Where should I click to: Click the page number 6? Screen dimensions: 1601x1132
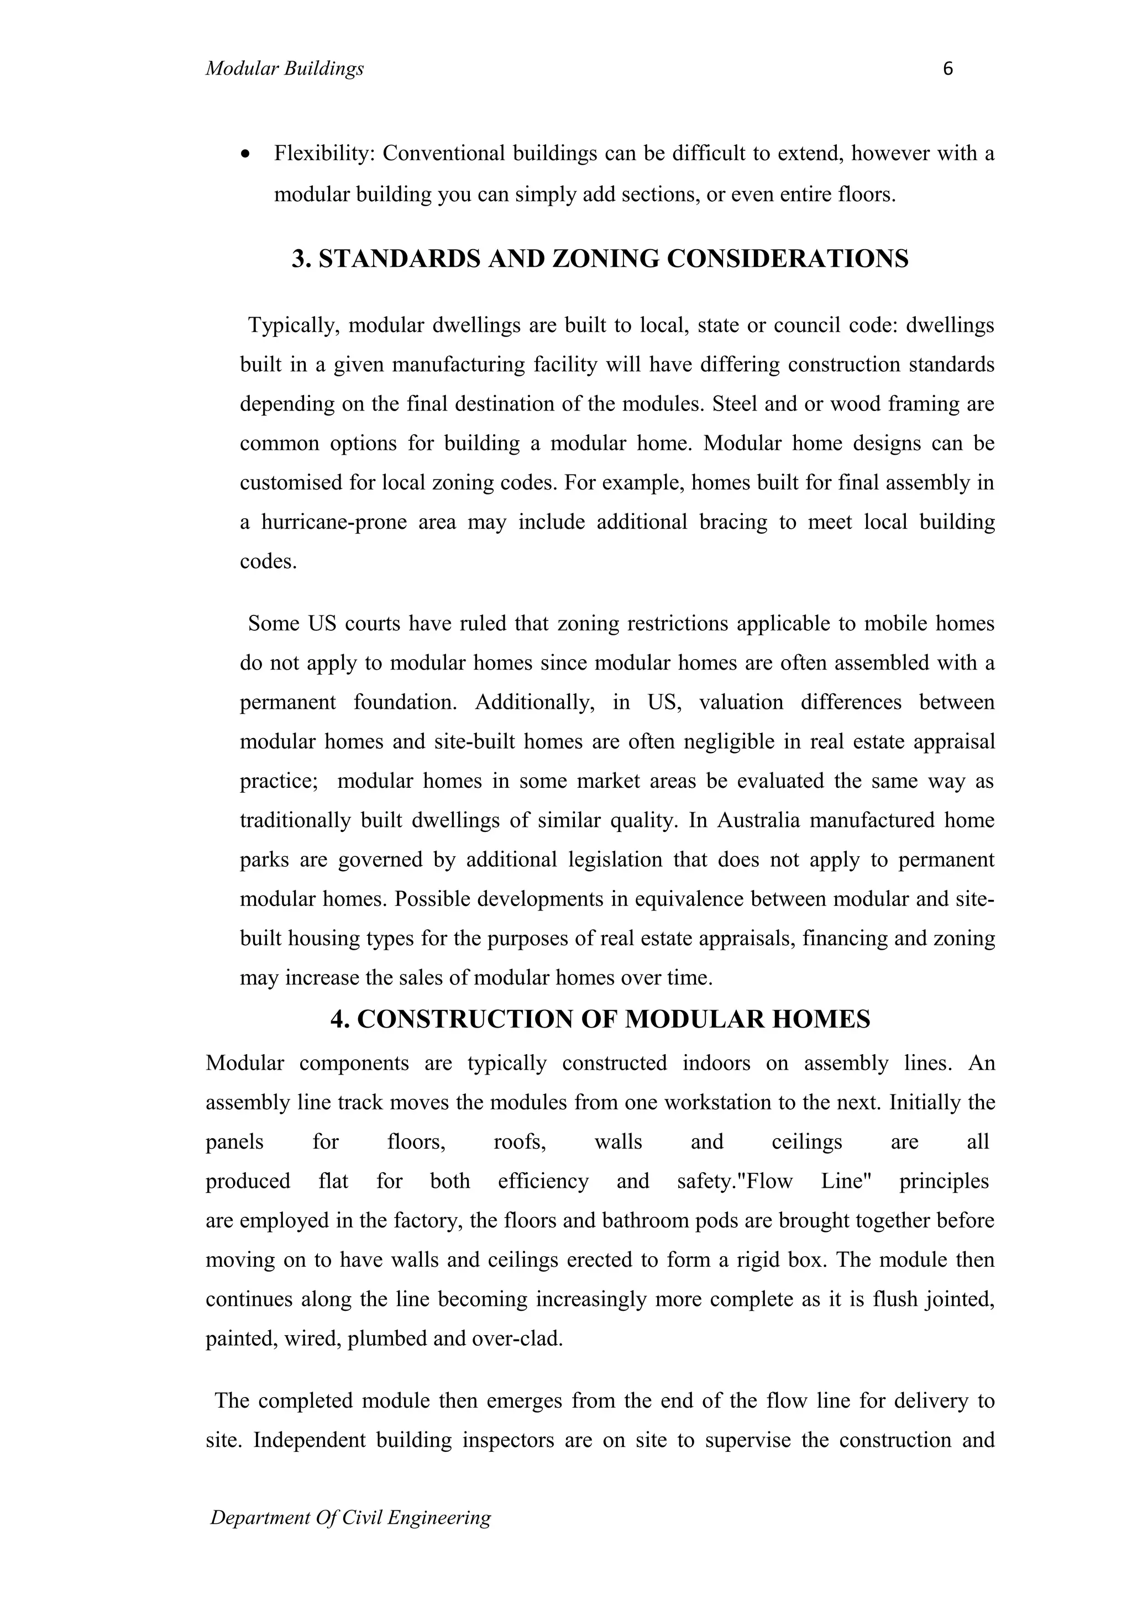pyautogui.click(x=947, y=69)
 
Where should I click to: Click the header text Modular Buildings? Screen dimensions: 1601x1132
pyautogui.click(x=285, y=69)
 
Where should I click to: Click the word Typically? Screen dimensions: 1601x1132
pyautogui.click(x=294, y=325)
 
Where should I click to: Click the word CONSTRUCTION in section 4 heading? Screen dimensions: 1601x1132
pyautogui.click(x=465, y=1019)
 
